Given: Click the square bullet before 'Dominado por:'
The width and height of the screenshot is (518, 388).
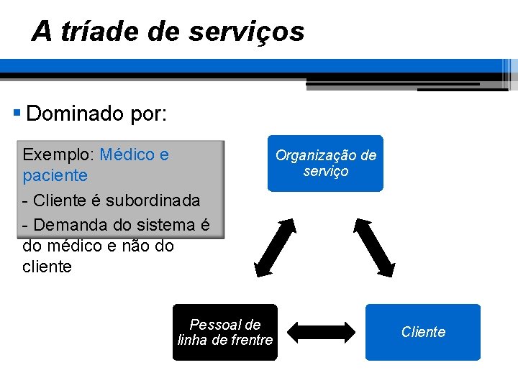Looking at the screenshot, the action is click(x=17, y=113).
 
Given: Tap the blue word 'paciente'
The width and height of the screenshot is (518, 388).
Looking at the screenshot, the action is click(x=55, y=175).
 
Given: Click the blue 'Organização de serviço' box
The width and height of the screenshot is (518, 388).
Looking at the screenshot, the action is click(x=325, y=163).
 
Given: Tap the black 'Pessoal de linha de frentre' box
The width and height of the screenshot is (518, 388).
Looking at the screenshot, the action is click(x=224, y=332).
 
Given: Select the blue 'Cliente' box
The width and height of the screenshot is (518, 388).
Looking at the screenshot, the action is click(x=422, y=332).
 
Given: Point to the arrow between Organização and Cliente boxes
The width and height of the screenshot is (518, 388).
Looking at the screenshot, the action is click(x=376, y=246).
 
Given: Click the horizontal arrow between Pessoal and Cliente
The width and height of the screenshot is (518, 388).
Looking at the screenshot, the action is click(x=322, y=332).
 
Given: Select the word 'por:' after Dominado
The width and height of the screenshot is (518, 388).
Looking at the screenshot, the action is click(x=149, y=114).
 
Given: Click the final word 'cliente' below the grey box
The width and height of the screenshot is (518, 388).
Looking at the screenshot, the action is click(x=47, y=267).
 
